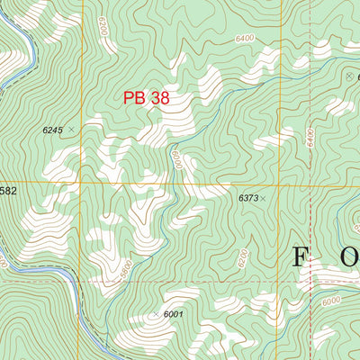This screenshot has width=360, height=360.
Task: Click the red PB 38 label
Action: click(147, 97)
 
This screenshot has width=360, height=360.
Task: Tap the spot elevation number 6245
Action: click(53, 130)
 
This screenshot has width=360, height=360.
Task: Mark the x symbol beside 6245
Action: click(71, 130)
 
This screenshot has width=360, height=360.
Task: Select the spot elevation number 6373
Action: click(247, 197)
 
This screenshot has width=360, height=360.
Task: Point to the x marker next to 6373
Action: click(263, 197)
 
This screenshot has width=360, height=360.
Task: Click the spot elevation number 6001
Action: click(173, 313)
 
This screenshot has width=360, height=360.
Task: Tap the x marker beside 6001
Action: click(156, 313)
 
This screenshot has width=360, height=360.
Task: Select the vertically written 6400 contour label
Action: click(309, 138)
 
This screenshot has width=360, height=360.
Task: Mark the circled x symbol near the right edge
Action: click(349, 77)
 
